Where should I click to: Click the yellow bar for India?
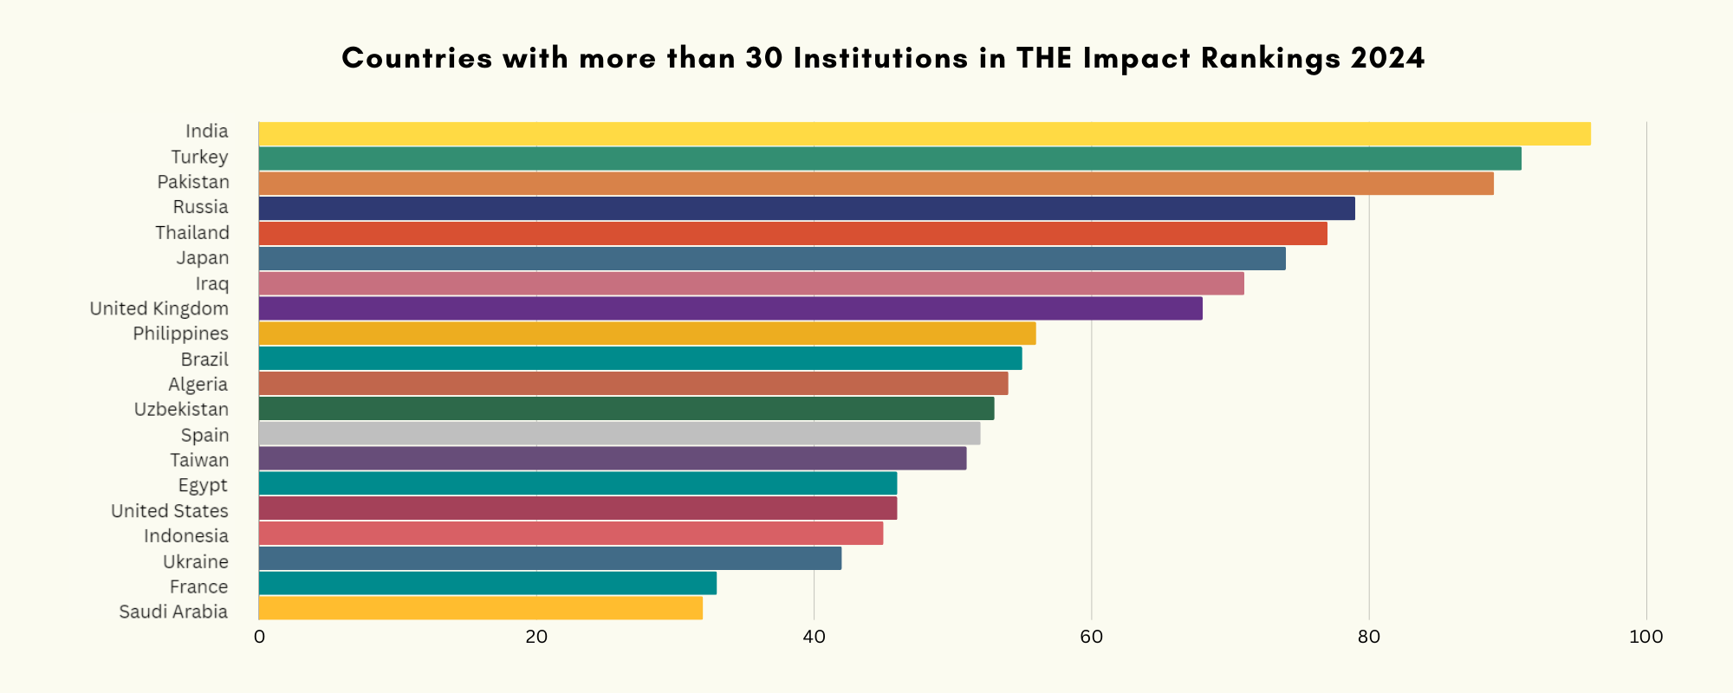[925, 133]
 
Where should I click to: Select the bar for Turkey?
[890, 159]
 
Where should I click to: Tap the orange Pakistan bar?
[876, 184]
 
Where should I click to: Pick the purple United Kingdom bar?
[730, 308]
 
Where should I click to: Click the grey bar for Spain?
[620, 433]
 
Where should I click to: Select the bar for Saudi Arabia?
[481, 607]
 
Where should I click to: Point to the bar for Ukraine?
[550, 558]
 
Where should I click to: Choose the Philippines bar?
[647, 334]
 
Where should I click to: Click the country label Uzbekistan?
[181, 409]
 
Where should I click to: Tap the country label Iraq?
[212, 283]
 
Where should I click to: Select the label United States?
[170, 511]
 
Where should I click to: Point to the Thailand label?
[192, 233]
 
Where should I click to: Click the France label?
[198, 586]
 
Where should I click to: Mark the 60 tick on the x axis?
[1091, 638]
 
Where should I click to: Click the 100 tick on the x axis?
[1645, 638]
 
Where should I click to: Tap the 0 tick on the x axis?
[259, 638]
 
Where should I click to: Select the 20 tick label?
[536, 638]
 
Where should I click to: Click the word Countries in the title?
[418, 58]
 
